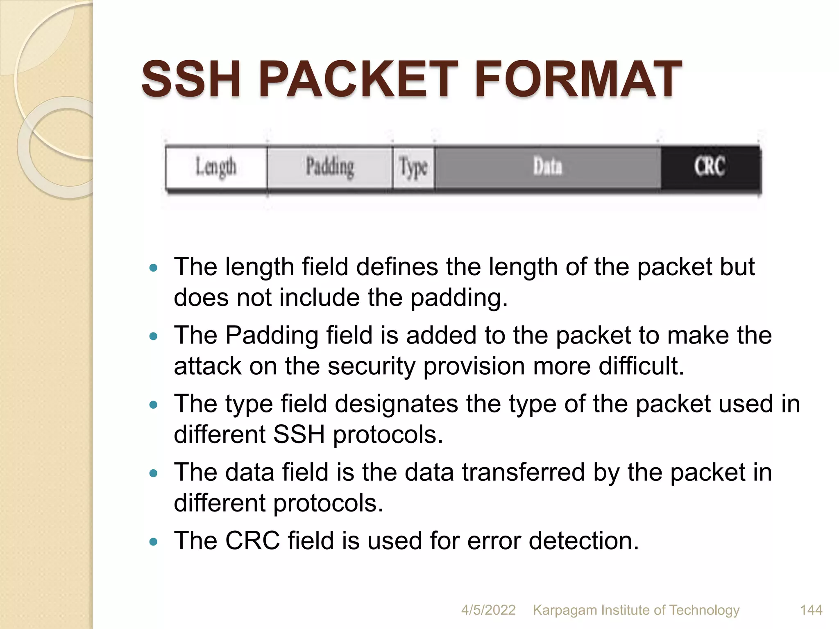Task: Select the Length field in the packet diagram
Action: tap(216, 167)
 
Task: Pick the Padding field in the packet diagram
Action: tap(330, 167)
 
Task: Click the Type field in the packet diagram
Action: tap(413, 167)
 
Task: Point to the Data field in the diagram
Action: tap(547, 167)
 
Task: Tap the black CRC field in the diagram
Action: tap(710, 167)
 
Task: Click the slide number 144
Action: tap(811, 610)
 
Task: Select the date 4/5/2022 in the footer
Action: tap(488, 610)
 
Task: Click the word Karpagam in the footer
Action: tap(565, 610)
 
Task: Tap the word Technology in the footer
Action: tap(704, 610)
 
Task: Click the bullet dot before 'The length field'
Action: tap(154, 268)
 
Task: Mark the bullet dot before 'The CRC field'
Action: tap(154, 542)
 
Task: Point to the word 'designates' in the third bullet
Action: tap(397, 404)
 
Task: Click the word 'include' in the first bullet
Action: tap(320, 297)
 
